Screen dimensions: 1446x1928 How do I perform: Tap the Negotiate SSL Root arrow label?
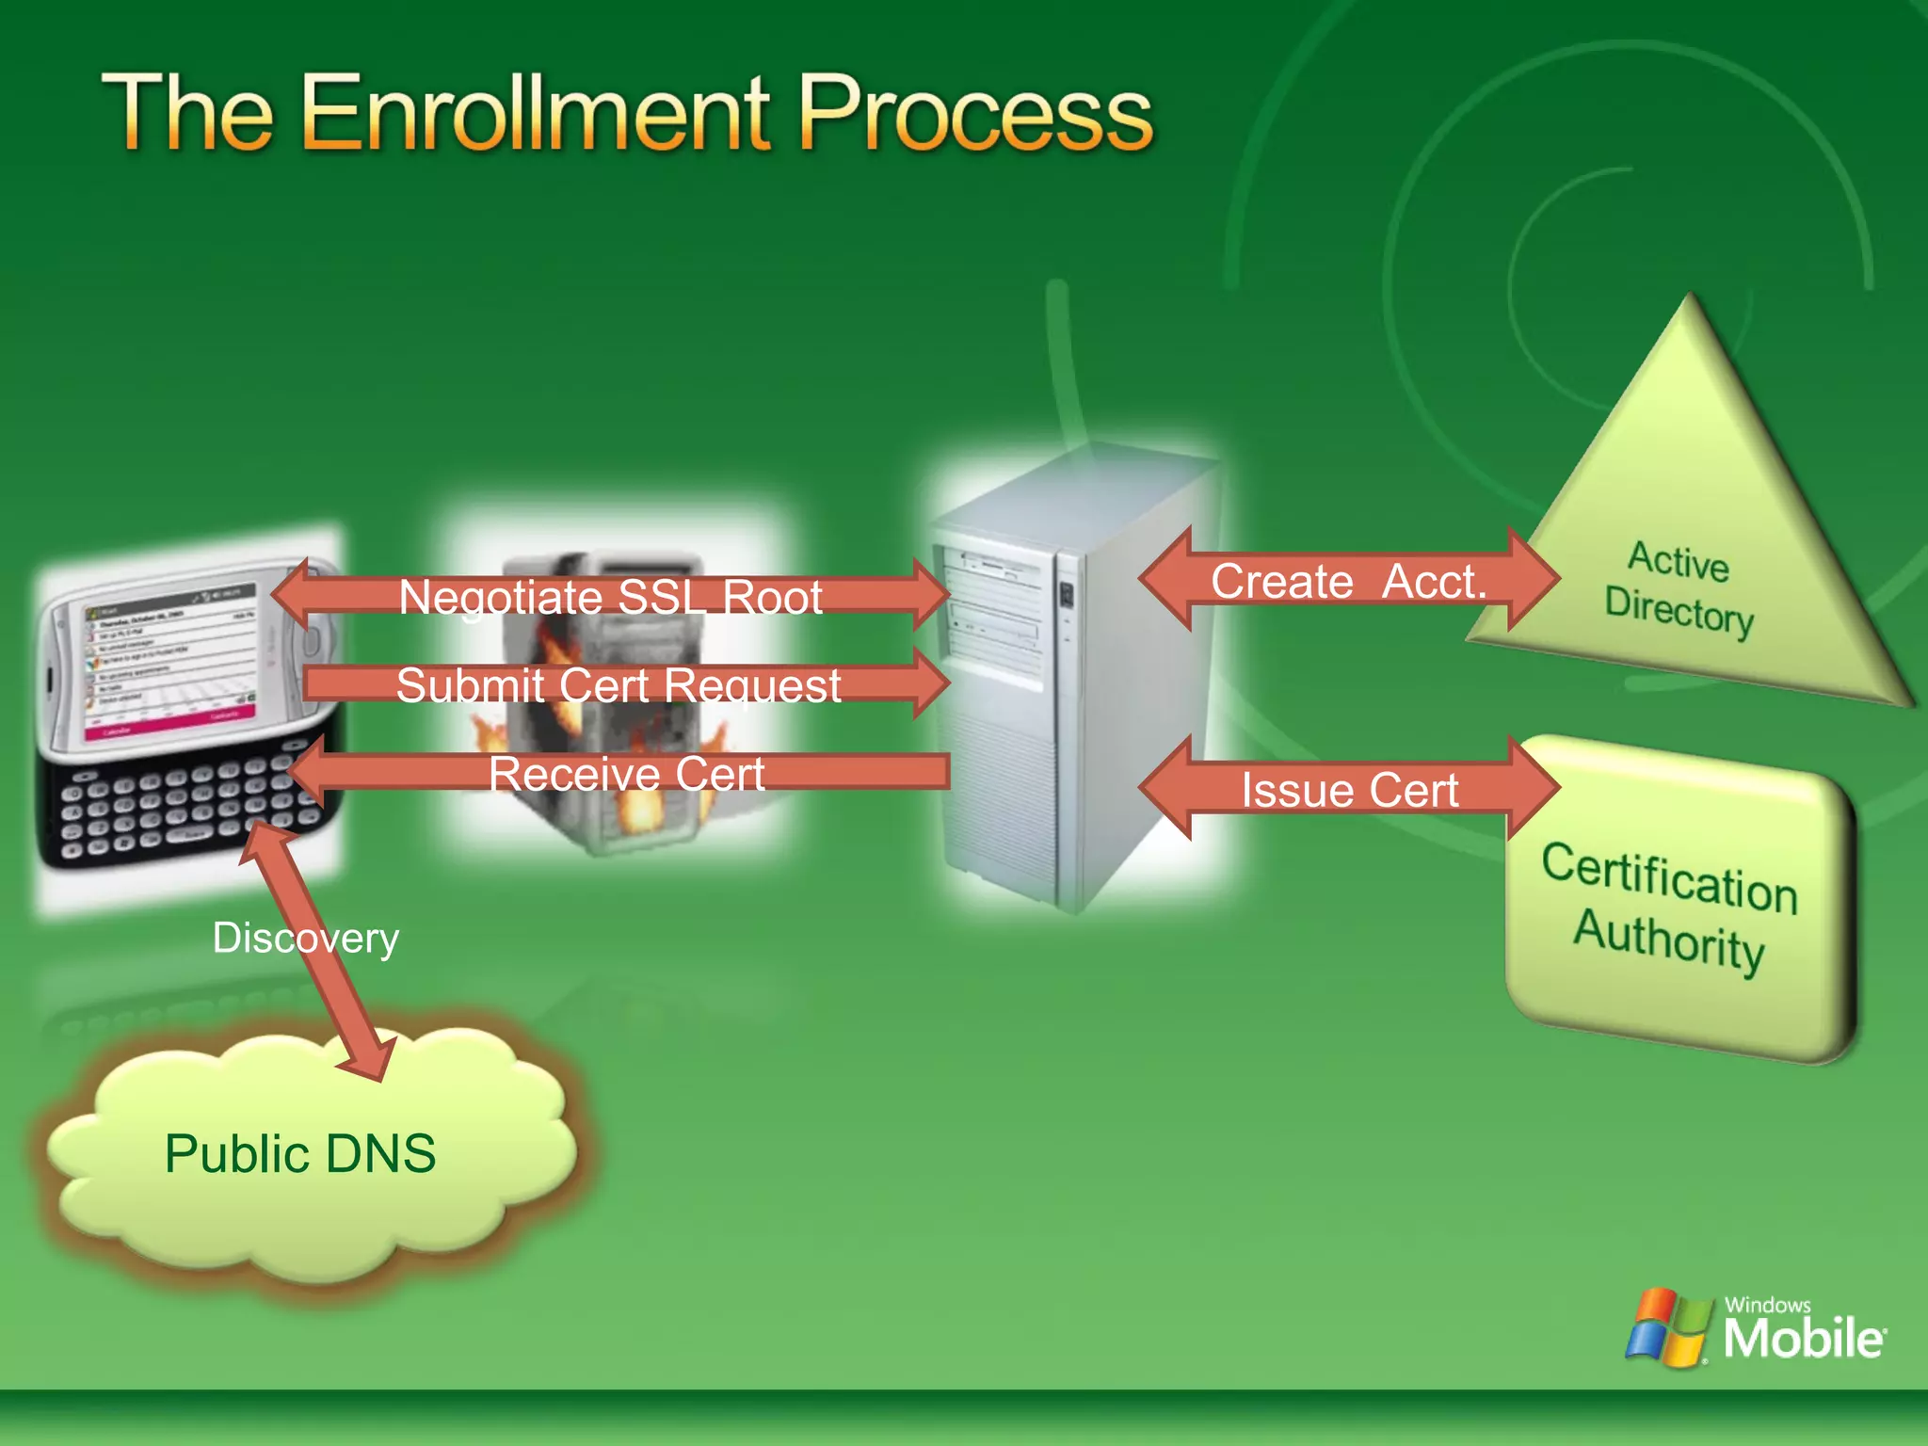pyautogui.click(x=610, y=597)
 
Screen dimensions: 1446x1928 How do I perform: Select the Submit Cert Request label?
pyautogui.click(x=618, y=684)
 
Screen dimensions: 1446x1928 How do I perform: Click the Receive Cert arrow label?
pyautogui.click(x=626, y=774)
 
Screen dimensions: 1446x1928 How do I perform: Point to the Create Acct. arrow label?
pyautogui.click(x=1348, y=581)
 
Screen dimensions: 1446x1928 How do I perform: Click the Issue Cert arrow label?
pyautogui.click(x=1349, y=789)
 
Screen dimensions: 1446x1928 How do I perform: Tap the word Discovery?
pyautogui.click(x=306, y=938)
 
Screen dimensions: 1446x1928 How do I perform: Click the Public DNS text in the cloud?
pyautogui.click(x=299, y=1153)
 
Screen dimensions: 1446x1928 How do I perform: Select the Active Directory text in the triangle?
pyautogui.click(x=1679, y=588)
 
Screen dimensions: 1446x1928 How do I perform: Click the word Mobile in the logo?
pyautogui.click(x=1803, y=1338)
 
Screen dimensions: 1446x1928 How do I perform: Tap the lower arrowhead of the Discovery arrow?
pyautogui.click(x=372, y=1059)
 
